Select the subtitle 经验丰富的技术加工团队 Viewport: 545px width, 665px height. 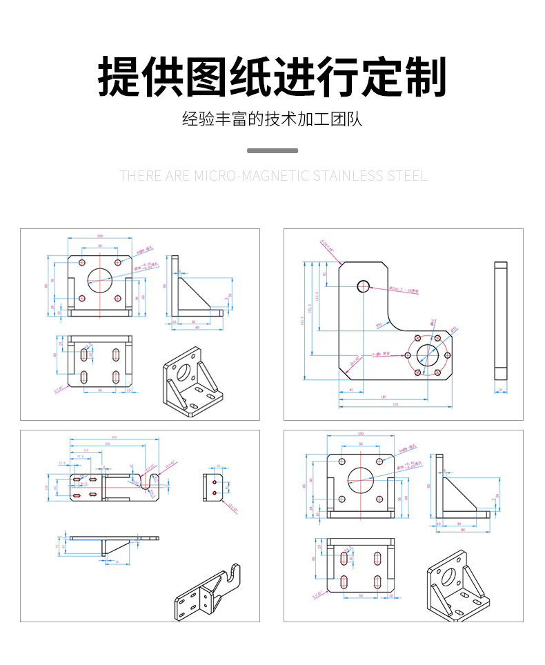tap(272, 119)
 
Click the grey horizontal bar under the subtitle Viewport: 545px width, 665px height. tap(272, 150)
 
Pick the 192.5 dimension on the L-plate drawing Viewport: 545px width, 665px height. tap(302, 321)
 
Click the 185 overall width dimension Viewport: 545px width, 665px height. tap(395, 404)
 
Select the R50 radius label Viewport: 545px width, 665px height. tap(379, 324)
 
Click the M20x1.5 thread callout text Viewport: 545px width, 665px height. tap(404, 291)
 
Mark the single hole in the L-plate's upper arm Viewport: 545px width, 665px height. tap(363, 286)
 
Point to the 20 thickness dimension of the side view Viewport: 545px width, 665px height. tap(501, 390)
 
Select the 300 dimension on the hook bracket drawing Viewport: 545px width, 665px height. tap(114, 437)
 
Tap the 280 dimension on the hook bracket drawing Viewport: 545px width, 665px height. tap(107, 444)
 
